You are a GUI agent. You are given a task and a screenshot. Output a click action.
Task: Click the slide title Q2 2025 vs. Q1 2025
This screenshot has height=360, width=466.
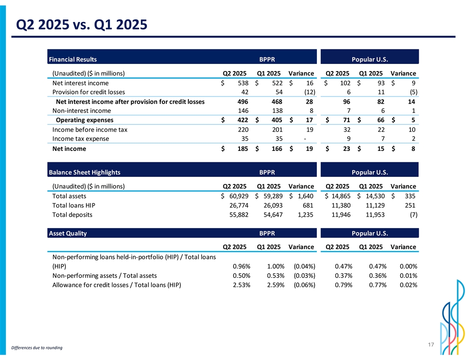click(x=81, y=24)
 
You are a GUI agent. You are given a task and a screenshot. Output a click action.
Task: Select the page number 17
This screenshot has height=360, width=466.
click(x=455, y=345)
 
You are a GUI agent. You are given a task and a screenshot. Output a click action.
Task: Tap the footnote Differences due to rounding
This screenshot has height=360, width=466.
click(x=37, y=348)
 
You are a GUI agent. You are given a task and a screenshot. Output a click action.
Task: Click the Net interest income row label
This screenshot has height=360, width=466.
click(x=80, y=83)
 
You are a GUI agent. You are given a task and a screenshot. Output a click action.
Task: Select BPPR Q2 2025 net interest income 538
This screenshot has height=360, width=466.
click(x=243, y=83)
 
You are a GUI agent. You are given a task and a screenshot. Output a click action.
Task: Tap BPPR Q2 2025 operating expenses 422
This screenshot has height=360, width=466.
click(x=243, y=120)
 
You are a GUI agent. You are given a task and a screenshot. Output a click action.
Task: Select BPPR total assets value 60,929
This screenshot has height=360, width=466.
click(x=238, y=196)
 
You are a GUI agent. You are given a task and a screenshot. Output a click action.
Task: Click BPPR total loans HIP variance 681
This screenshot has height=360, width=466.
click(x=308, y=205)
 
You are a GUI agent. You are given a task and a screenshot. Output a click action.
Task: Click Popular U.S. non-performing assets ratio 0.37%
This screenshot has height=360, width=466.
click(x=343, y=276)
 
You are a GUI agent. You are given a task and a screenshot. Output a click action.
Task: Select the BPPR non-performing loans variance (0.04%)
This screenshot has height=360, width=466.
click(x=304, y=266)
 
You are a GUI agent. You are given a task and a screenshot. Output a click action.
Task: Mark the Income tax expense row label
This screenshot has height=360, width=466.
click(x=81, y=139)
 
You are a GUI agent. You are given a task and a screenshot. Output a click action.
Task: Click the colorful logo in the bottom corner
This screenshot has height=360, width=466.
click(x=452, y=322)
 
